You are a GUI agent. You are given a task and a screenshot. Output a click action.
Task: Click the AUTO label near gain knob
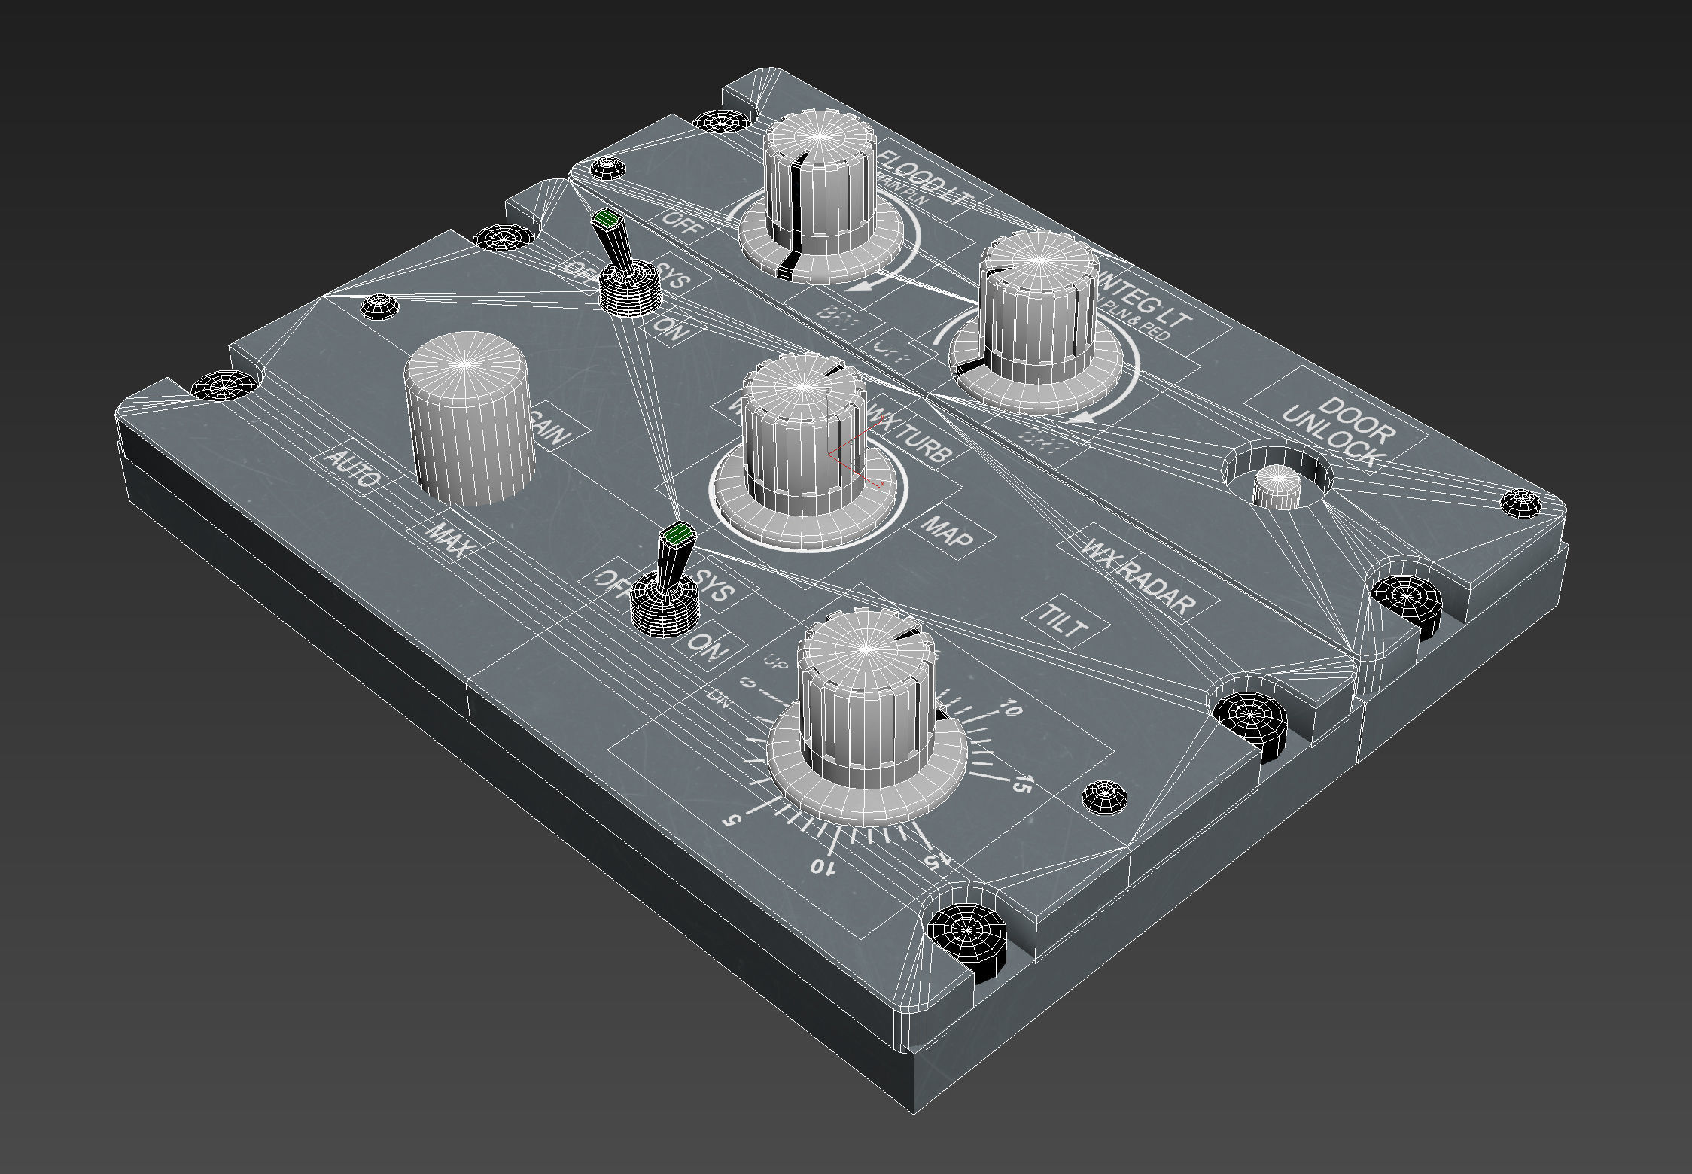pyautogui.click(x=352, y=469)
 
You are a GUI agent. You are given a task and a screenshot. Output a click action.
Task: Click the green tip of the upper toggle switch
pyautogui.click(x=605, y=220)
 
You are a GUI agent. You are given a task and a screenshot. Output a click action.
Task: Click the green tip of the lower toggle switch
pyautogui.click(x=677, y=535)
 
